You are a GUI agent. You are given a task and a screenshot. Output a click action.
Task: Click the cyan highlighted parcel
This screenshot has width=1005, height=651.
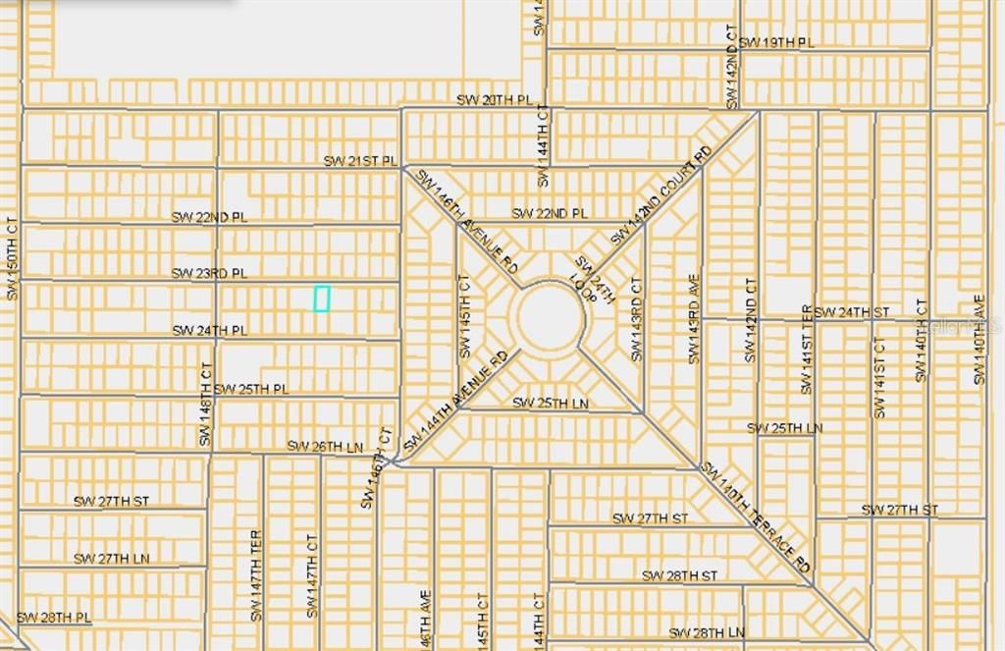coord(321,298)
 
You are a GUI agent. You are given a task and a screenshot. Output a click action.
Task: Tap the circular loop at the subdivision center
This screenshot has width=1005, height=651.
coord(551,317)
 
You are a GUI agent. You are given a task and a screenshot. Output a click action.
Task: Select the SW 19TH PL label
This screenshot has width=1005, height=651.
coord(776,42)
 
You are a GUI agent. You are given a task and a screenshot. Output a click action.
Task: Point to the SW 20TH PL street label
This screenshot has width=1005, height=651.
coord(494,101)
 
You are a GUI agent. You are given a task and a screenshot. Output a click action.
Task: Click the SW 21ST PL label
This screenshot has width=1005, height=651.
coord(361,160)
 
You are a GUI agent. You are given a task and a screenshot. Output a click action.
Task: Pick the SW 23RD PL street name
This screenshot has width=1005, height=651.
coord(209,273)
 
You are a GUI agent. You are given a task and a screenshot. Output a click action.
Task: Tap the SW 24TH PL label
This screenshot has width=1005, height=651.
coord(209,331)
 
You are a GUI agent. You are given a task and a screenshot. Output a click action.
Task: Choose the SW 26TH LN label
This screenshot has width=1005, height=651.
coord(325,446)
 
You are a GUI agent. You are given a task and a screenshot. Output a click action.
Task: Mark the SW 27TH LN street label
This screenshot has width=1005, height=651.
coord(111,559)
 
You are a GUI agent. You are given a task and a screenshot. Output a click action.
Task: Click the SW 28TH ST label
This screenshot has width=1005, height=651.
coord(679,575)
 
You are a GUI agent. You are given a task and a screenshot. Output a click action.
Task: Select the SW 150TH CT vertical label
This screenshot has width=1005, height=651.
coord(12,258)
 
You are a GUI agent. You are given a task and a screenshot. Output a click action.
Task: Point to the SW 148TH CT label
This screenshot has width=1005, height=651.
coord(206,405)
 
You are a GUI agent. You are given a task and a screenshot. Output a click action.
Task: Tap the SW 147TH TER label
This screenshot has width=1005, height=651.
coord(256,575)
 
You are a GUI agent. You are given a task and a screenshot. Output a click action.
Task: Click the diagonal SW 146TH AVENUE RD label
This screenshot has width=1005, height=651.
coord(467,222)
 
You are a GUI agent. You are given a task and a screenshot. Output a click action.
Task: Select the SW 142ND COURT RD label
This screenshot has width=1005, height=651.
coord(660,196)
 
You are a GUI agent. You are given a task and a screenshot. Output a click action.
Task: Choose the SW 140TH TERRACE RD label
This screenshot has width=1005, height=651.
coord(756,517)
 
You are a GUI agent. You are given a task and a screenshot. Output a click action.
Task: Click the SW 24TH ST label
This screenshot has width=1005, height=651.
coord(851,312)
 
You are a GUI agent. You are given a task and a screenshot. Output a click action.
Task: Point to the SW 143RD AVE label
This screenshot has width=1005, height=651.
coord(694,319)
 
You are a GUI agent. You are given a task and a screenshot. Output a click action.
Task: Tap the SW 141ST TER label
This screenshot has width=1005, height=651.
coord(807,350)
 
